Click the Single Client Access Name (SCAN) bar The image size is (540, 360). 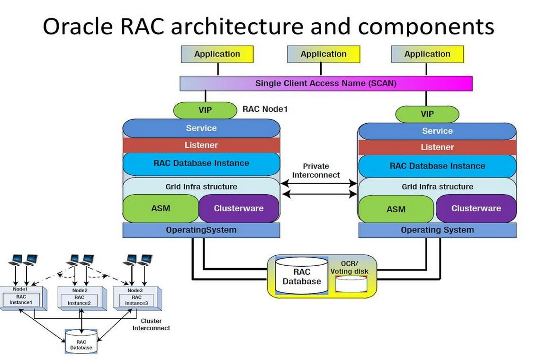326,83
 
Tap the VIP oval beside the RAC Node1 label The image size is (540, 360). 205,110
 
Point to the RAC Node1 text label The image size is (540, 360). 265,109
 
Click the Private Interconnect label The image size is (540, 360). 316,171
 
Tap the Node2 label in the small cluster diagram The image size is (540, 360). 80,290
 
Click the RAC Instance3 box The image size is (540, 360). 134,300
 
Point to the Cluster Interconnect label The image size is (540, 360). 151,324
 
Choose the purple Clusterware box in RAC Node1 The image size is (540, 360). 239,208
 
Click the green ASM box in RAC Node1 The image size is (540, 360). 161,208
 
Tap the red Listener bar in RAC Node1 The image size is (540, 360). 201,145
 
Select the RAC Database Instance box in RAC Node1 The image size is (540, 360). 201,163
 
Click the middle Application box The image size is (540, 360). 324,54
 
